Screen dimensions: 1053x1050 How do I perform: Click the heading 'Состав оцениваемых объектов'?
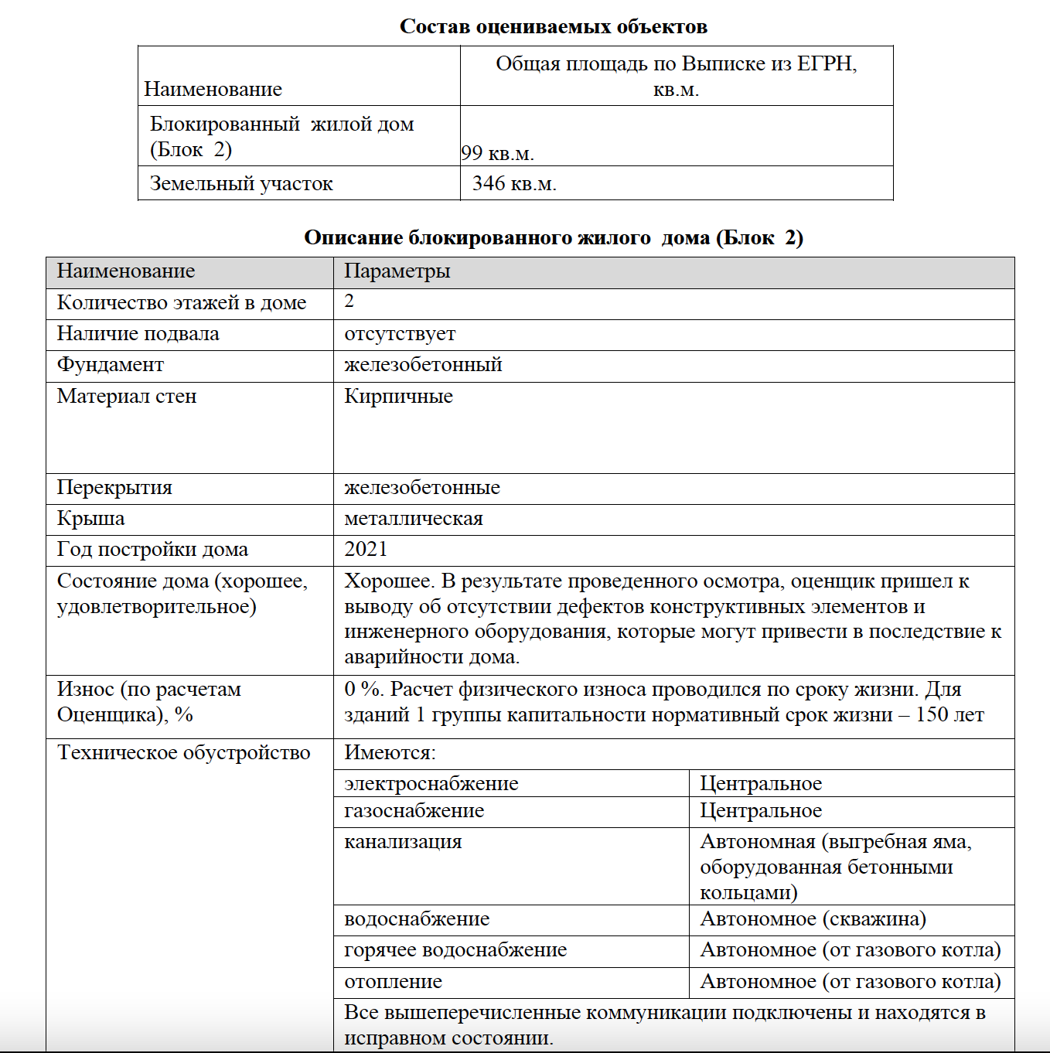point(553,27)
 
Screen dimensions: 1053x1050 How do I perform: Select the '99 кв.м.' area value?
point(497,153)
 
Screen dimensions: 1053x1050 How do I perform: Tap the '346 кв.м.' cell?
point(514,184)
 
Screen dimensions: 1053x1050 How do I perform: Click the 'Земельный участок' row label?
point(241,184)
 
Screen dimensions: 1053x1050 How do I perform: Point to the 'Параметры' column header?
point(397,271)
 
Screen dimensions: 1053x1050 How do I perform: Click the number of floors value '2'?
point(349,302)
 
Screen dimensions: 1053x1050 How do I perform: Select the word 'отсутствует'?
point(400,334)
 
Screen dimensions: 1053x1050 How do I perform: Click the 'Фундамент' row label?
point(111,365)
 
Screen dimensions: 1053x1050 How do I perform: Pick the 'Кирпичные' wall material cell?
point(398,397)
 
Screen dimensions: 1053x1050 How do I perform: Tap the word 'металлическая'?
point(414,519)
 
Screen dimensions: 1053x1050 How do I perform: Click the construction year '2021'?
point(366,550)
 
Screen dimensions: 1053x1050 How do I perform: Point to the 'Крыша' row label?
point(90,519)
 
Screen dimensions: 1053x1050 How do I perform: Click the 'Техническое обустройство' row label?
point(184,753)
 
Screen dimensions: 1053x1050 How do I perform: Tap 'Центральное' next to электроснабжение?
point(761,784)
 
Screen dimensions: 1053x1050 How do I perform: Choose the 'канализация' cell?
point(403,842)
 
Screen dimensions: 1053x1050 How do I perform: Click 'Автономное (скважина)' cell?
point(813,919)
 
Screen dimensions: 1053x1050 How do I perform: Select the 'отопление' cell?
point(393,982)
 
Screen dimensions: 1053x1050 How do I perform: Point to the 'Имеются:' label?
point(390,753)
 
